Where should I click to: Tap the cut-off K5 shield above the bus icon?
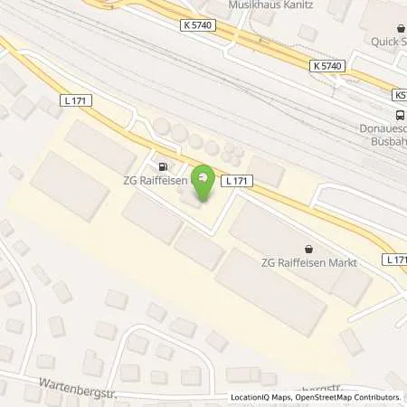coord(399,95)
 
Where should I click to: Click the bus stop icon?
coord(400,114)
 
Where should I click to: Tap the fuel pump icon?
coord(163,166)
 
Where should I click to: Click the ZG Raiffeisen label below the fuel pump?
coord(156,181)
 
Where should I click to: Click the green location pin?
coord(204,180)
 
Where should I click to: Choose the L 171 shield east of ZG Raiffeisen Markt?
coord(395,260)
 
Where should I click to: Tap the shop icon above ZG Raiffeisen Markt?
coord(309,248)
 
